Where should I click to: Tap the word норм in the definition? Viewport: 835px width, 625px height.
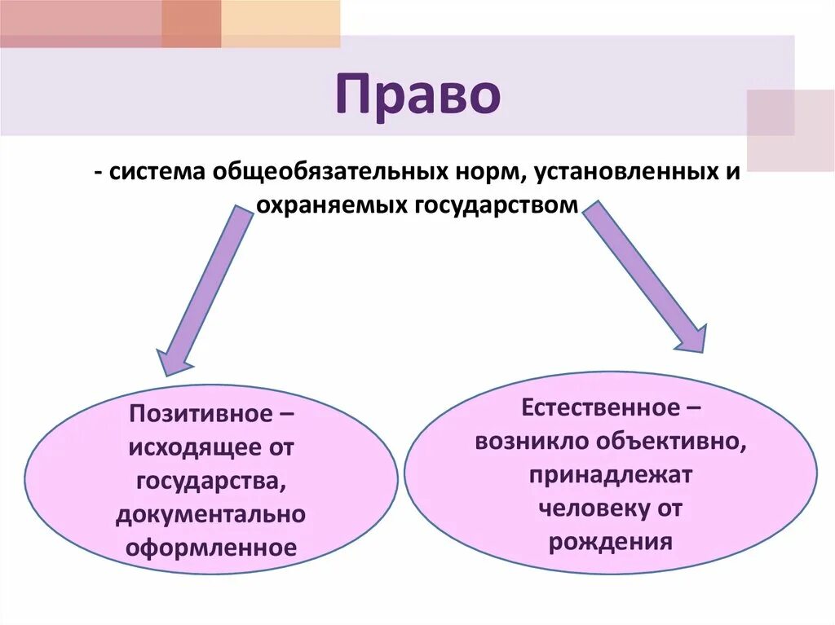481,175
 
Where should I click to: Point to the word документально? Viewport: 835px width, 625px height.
210,513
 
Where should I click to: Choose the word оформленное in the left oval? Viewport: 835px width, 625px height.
210,546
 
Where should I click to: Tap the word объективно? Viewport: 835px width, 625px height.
676,440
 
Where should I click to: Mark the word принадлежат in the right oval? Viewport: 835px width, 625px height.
610,474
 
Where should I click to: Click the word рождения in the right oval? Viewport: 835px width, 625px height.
611,542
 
